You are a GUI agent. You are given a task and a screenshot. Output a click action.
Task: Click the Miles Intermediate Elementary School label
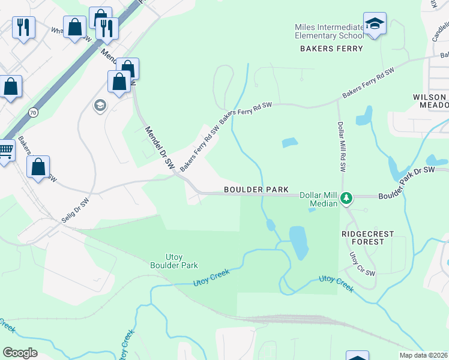pos(328,31)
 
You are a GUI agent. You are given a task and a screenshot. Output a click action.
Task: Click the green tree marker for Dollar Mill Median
pos(346,197)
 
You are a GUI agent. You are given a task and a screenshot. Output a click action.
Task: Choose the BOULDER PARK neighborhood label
pos(256,190)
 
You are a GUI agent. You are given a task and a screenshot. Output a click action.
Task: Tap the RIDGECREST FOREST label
pos(362,237)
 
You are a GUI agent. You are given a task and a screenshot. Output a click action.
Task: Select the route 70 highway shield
pos(32,112)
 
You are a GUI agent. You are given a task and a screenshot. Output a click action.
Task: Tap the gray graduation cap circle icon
pos(99,106)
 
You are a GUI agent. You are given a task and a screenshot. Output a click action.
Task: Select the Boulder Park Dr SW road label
pos(406,182)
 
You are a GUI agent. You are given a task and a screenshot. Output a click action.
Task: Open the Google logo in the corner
pos(20,352)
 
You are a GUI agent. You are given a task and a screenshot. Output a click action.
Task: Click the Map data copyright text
pos(423,355)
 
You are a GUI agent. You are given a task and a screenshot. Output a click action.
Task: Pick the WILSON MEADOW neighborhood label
pos(430,101)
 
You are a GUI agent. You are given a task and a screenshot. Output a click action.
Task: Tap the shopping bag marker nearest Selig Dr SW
pos(38,168)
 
